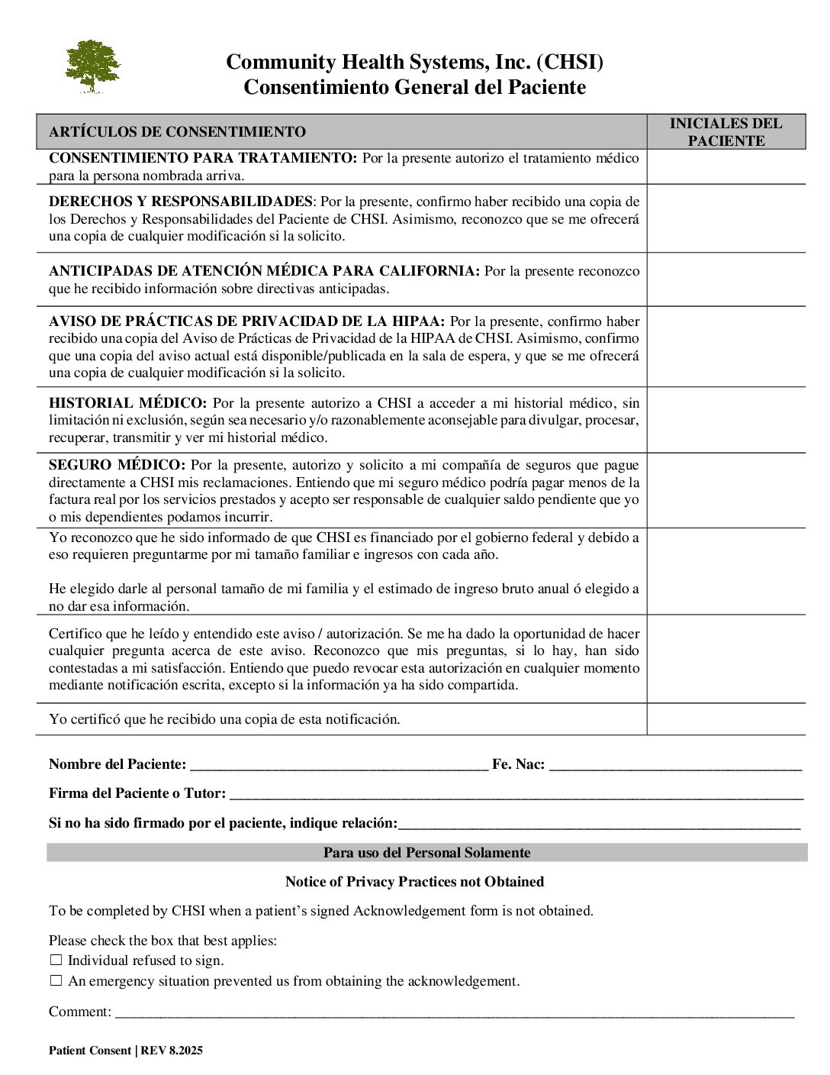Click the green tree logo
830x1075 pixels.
[x=92, y=66]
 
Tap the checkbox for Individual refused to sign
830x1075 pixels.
[x=56, y=960]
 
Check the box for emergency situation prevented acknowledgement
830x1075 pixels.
[x=56, y=981]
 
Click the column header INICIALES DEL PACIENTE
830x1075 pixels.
[x=725, y=132]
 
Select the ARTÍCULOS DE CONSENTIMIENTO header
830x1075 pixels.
[x=177, y=132]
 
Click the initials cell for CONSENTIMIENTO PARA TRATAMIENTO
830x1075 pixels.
[x=725, y=166]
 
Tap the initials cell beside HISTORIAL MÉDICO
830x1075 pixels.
[x=725, y=420]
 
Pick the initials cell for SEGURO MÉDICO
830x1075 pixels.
[x=725, y=490]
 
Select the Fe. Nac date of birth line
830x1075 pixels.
[x=675, y=765]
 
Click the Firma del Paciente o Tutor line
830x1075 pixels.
[x=516, y=794]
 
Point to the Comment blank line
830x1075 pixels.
[x=454, y=1012]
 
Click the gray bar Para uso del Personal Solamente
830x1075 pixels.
[x=426, y=853]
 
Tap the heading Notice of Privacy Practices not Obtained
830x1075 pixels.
[x=414, y=882]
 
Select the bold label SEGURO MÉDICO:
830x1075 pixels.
[x=117, y=465]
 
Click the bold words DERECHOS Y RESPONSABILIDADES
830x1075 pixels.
[x=180, y=202]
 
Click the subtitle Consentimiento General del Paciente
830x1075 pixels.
[x=414, y=87]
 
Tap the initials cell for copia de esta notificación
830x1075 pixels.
[x=725, y=719]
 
